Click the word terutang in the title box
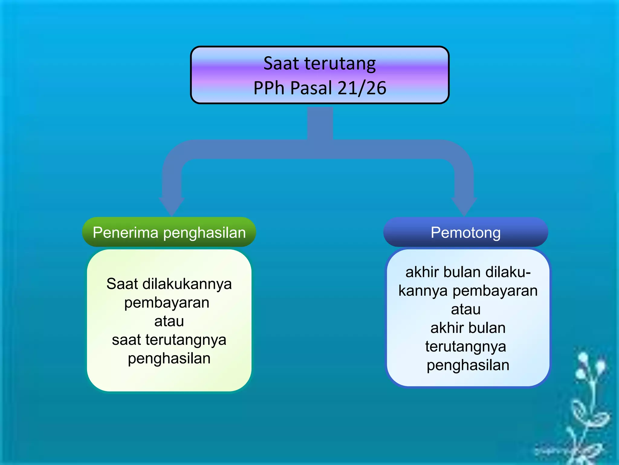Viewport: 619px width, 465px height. pos(340,64)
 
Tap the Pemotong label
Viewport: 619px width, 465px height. pos(465,232)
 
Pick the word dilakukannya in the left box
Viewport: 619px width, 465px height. pos(187,284)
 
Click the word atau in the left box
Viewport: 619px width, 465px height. pos(169,321)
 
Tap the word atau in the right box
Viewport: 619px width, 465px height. pos(465,309)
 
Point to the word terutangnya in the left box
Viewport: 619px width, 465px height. pos(186,340)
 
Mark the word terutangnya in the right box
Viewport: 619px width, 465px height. pos(465,347)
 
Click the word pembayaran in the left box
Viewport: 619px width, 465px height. pos(167,303)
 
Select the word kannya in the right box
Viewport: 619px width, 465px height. pos(423,291)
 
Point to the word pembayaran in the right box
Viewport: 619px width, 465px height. pos(495,291)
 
